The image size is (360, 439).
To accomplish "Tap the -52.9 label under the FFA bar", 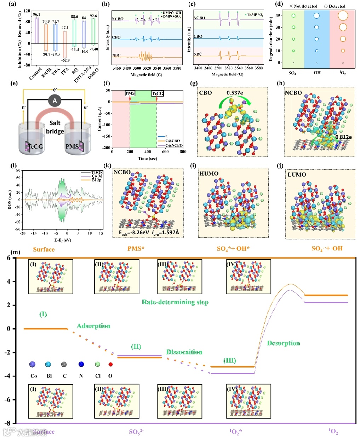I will click(x=65, y=60).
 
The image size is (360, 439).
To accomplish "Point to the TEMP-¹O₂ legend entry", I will click(x=255, y=15).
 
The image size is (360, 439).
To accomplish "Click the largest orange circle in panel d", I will click(x=343, y=16).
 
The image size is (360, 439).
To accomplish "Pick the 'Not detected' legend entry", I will click(x=303, y=6).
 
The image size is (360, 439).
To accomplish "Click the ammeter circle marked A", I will click(x=55, y=101).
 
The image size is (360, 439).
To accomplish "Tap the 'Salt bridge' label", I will click(x=55, y=127).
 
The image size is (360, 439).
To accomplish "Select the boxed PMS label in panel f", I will click(x=130, y=93).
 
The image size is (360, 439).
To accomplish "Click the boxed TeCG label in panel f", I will click(x=158, y=93).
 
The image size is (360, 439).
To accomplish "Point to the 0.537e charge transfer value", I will click(x=235, y=93).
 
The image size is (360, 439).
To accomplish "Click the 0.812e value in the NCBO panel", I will click(x=343, y=137).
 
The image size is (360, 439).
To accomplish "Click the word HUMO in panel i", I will click(x=209, y=173).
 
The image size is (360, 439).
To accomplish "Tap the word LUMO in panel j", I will click(x=297, y=174).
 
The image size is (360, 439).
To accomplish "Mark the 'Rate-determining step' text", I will click(x=175, y=302).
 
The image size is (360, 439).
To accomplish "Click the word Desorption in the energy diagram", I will click(x=284, y=343).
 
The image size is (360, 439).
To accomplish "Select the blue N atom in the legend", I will click(x=81, y=364).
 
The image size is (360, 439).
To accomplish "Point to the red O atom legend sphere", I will click(x=110, y=365).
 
